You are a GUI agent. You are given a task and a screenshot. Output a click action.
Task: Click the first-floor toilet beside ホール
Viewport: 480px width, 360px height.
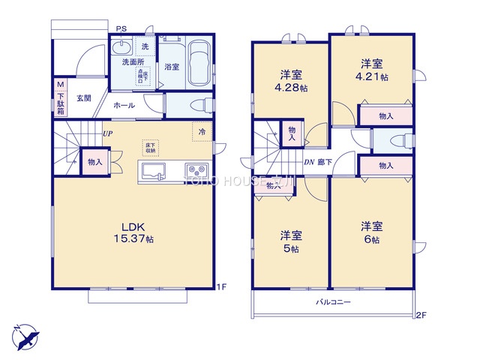click(192, 103)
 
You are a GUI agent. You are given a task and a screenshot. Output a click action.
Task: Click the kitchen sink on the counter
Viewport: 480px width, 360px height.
click(153, 173)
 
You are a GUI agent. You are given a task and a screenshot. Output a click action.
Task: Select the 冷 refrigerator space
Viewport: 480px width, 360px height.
click(202, 131)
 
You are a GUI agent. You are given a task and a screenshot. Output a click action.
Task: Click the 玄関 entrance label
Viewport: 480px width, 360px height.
click(82, 98)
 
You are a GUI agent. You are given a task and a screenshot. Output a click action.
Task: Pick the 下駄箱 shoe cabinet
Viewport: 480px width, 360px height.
click(60, 99)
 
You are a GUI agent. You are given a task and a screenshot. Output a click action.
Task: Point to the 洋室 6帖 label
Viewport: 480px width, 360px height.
click(371, 232)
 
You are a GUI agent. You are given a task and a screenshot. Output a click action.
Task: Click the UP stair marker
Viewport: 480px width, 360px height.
click(107, 133)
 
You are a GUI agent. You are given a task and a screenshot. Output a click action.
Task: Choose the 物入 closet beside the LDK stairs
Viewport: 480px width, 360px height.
click(94, 162)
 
